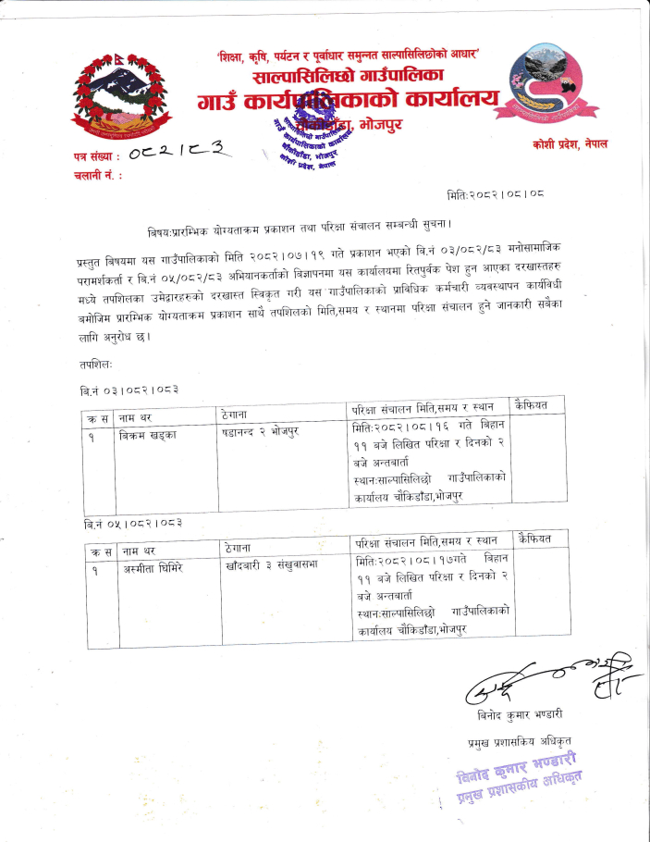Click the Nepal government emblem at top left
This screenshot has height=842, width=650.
[x=122, y=99]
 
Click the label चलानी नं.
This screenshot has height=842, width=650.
[x=94, y=175]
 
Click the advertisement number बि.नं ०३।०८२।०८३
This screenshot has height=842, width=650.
[x=129, y=390]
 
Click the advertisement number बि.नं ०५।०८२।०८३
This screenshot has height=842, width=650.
[x=129, y=524]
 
